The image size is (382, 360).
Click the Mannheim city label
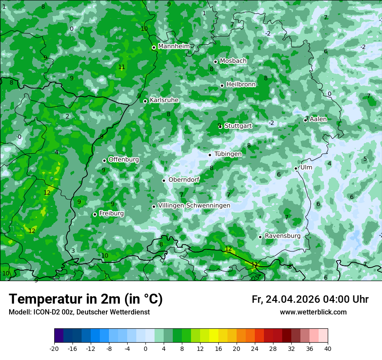[174, 46]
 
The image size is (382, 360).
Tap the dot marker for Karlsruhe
[145, 101]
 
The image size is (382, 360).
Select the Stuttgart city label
[238, 126]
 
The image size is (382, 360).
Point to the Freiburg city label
[112, 213]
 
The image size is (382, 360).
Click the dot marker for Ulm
[296, 168]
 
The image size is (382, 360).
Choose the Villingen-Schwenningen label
[194, 206]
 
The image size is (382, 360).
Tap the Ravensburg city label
[283, 236]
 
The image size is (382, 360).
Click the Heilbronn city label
[241, 85]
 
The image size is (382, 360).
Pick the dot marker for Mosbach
[215, 62]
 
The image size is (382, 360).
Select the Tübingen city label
[228, 154]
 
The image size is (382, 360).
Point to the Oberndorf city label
[184, 180]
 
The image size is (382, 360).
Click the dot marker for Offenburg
[104, 160]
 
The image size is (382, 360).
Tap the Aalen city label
[319, 119]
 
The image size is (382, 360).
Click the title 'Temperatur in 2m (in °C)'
[86, 299]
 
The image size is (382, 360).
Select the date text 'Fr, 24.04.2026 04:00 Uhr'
[310, 299]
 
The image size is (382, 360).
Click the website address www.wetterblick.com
[313, 312]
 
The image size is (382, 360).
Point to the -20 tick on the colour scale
[54, 348]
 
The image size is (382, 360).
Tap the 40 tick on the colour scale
[327, 348]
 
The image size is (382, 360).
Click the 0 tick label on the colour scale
[145, 348]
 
